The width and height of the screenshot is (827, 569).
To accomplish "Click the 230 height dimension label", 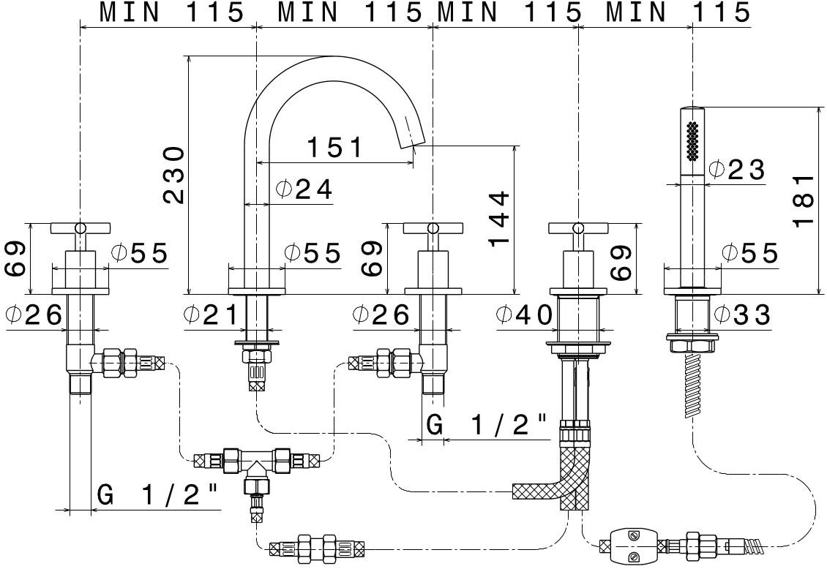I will (173, 175).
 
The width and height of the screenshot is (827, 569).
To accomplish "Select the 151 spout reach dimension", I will (334, 148).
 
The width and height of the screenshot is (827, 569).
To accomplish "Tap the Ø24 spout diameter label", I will (304, 190).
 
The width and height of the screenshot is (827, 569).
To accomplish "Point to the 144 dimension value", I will (499, 219).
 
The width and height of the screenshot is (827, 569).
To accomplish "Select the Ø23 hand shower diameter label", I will (737, 170).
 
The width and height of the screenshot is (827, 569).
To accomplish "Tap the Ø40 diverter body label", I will (524, 315).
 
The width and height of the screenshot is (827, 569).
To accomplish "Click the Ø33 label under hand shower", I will (742, 315).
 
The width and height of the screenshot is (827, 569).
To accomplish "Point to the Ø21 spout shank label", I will (212, 315).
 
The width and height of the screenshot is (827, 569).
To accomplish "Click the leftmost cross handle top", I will (80, 229).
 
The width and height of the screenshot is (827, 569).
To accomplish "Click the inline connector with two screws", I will (632, 545).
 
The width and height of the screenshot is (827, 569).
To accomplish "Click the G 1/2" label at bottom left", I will (158, 496).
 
